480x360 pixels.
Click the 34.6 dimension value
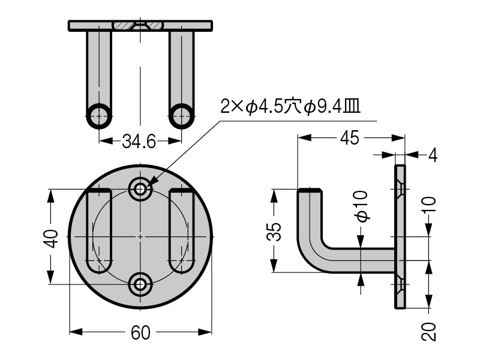(x=139, y=142)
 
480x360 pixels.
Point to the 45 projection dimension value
(x=349, y=138)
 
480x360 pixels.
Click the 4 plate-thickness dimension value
(x=433, y=155)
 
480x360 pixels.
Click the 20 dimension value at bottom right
(x=428, y=331)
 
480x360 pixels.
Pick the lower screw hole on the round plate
(x=140, y=284)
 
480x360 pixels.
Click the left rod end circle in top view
(x=99, y=115)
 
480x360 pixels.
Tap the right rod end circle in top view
(x=181, y=115)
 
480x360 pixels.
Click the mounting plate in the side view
(x=400, y=237)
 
